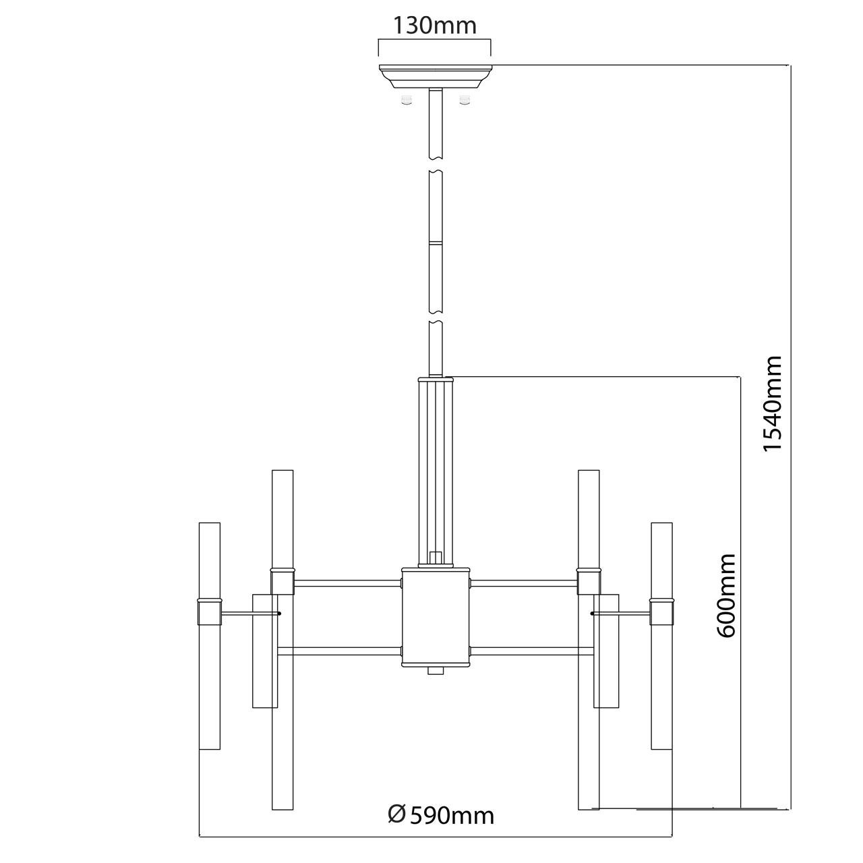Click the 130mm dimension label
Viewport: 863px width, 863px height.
pos(435,26)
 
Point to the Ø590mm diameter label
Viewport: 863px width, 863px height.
pos(442,815)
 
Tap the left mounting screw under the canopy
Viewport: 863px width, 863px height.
pos(406,100)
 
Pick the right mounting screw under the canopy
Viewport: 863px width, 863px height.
pos(463,100)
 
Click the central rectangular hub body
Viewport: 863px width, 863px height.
pos(436,616)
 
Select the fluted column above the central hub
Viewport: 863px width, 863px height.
pos(436,469)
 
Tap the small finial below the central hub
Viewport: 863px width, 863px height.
pos(436,672)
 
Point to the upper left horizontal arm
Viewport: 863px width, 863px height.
pos(347,582)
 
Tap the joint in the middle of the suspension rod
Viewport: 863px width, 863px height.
pos(436,241)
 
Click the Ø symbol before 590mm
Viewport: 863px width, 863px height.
pos(397,814)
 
